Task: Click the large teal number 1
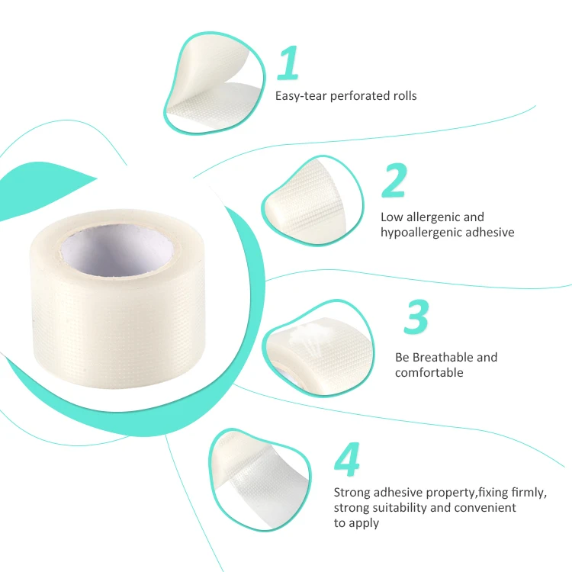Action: click(x=288, y=63)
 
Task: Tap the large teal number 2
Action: click(x=394, y=180)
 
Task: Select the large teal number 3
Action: click(x=416, y=317)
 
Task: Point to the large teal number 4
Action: click(x=347, y=459)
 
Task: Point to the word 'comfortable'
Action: click(x=429, y=372)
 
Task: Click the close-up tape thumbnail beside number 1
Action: click(x=214, y=83)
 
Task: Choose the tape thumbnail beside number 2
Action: click(x=313, y=201)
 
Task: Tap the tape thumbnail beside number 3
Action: click(x=318, y=348)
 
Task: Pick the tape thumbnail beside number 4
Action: click(x=260, y=480)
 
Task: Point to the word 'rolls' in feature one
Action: click(x=405, y=96)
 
